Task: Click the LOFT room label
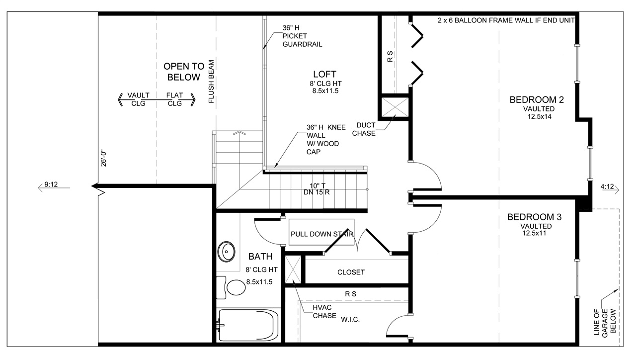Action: pos(324,74)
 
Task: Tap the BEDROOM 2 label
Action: pos(536,100)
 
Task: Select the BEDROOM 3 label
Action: pos(534,217)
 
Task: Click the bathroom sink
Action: pos(226,252)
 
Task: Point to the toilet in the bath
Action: pos(231,287)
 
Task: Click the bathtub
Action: pos(247,325)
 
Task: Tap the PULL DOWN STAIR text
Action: pos(321,234)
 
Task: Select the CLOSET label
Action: pos(351,272)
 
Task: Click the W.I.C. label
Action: pos(350,320)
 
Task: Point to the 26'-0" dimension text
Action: pos(103,158)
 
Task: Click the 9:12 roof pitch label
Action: pos(51,184)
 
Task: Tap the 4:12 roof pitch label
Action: pos(607,186)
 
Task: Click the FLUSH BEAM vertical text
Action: pos(211,82)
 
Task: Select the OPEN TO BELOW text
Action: pos(184,72)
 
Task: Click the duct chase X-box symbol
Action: pos(395,107)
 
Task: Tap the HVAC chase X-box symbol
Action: pos(293,270)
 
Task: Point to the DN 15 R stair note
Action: pos(317,192)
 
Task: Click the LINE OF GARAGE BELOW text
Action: pos(605,323)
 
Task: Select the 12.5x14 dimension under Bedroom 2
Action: pos(540,116)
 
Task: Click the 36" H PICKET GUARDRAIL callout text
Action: pos(302,36)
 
